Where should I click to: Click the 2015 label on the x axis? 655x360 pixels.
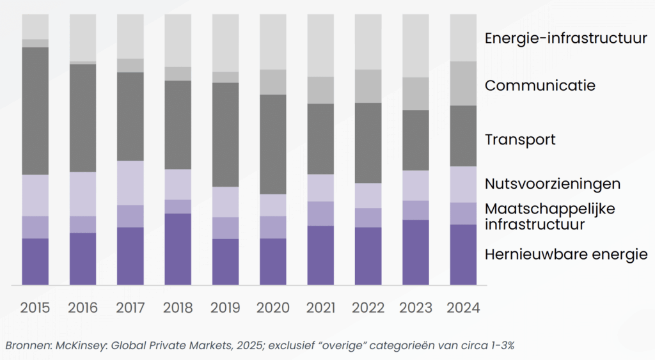click(35, 308)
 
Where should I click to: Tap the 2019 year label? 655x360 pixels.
click(225, 308)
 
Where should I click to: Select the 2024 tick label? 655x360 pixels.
click(462, 308)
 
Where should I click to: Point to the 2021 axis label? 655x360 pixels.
click(320, 308)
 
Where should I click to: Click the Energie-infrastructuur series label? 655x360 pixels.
click(565, 38)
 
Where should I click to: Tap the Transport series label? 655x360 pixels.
click(520, 139)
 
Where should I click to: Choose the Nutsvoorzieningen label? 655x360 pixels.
click(553, 184)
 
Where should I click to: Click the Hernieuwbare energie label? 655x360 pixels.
click(566, 254)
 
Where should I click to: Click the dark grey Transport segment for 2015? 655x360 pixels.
click(35, 111)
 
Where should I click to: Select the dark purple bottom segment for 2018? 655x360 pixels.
click(178, 249)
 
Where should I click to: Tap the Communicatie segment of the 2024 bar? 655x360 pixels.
click(462, 83)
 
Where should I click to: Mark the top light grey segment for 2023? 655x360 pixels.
click(415, 45)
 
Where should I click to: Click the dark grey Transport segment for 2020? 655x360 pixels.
click(272, 144)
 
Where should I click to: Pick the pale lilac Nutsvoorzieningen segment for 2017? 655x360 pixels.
click(130, 183)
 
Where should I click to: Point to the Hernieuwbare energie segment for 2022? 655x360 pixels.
click(368, 256)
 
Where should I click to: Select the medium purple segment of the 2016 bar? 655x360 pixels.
click(83, 224)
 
